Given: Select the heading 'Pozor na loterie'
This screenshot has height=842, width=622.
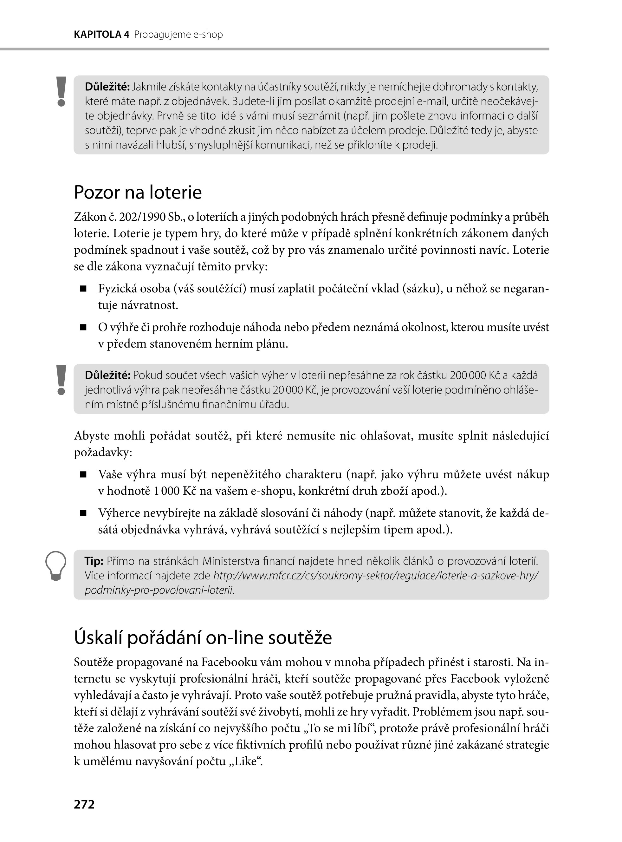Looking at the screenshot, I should [x=138, y=193].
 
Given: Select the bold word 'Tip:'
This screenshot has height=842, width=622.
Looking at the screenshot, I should [x=94, y=561].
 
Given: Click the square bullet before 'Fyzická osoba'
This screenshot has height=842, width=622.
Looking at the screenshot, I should [x=83, y=289].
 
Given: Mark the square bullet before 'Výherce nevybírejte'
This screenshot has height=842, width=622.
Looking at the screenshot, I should [x=83, y=513].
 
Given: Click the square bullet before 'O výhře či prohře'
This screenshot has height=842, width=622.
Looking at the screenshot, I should [x=83, y=328].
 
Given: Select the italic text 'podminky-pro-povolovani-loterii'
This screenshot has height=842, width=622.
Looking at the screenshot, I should [x=159, y=590].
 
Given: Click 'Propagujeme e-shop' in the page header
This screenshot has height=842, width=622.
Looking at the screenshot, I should [x=178, y=35].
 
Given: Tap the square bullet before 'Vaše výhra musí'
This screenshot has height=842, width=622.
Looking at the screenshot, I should [x=83, y=475].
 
